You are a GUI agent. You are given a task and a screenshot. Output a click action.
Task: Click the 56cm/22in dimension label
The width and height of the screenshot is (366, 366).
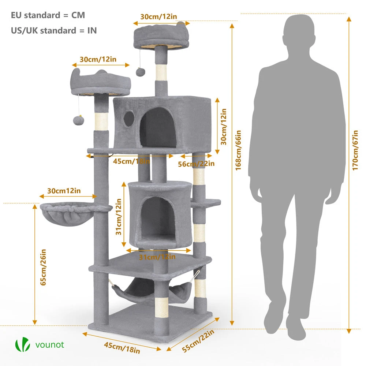tap(196, 164)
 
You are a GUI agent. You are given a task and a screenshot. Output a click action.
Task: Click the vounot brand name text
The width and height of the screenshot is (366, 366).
tap(50, 344)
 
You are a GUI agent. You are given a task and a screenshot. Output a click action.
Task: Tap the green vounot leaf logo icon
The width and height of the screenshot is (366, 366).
tap(22, 345)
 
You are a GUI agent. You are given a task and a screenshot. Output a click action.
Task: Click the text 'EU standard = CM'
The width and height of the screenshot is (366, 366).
tap(48, 15)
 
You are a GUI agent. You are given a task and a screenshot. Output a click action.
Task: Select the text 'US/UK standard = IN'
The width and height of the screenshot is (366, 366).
tap(54, 30)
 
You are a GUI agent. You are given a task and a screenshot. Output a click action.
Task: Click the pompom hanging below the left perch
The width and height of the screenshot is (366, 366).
tap(79, 120)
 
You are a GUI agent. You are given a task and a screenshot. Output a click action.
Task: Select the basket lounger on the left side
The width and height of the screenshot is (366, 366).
tap(61, 214)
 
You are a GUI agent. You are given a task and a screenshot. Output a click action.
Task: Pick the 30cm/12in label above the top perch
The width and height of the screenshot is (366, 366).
tap(158, 16)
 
